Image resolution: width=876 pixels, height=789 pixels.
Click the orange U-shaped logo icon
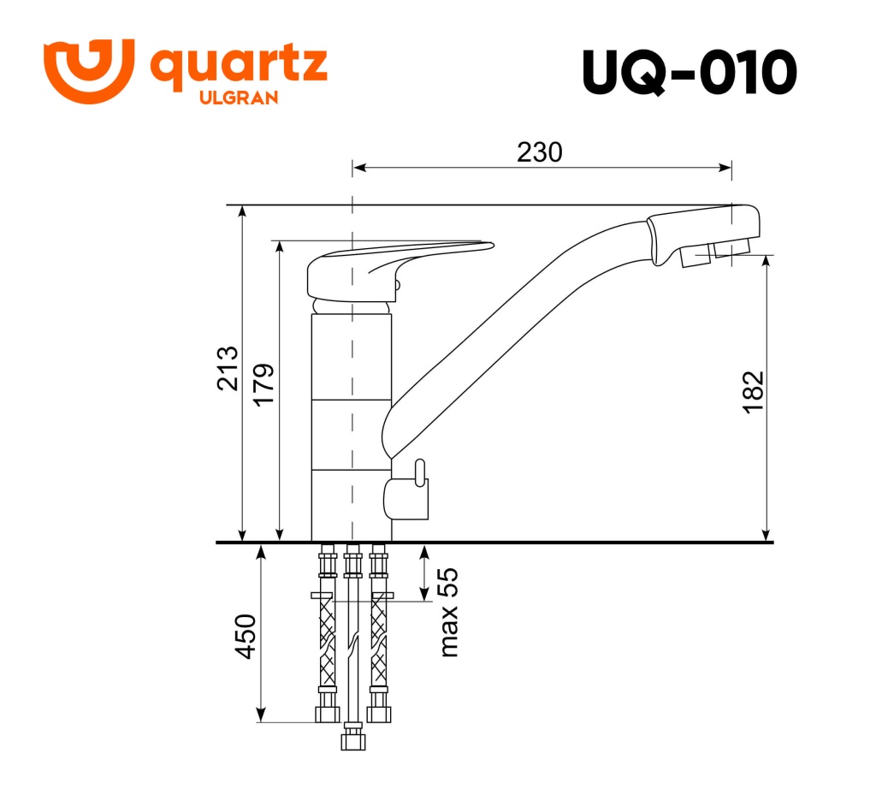tap(88, 70)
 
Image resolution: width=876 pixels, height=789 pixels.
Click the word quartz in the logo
tap(239, 66)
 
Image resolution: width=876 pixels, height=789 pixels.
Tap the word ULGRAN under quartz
tap(238, 98)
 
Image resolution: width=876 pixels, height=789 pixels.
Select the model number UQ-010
tap(689, 73)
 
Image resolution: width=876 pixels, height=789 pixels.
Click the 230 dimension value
tap(540, 151)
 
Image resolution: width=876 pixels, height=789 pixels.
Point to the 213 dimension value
tap(228, 368)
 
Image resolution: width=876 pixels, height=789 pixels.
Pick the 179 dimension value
tap(263, 385)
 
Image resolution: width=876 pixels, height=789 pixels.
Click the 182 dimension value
tap(752, 393)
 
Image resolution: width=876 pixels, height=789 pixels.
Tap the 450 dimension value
tap(246, 636)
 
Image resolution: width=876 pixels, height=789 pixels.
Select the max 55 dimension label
tap(448, 613)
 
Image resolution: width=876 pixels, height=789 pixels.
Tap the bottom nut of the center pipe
tap(352, 737)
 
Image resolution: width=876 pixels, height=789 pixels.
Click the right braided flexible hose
tap(378, 642)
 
